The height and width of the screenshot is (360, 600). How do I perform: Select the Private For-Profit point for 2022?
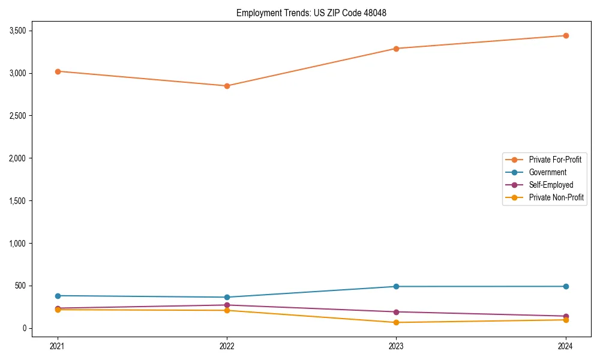pyautogui.click(x=227, y=86)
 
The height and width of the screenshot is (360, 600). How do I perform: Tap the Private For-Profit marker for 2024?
pyautogui.click(x=566, y=35)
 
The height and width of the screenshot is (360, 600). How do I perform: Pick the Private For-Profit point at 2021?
pyautogui.click(x=58, y=71)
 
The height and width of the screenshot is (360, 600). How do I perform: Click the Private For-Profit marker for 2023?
pyautogui.click(x=396, y=49)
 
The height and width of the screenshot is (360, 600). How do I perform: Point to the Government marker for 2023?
pyautogui.click(x=396, y=286)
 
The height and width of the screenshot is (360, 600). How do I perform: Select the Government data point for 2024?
pyautogui.click(x=566, y=286)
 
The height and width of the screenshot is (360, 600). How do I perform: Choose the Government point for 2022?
pyautogui.click(x=227, y=297)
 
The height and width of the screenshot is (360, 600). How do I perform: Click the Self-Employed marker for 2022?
pyautogui.click(x=227, y=305)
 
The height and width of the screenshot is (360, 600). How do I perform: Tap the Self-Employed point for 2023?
pyautogui.click(x=396, y=312)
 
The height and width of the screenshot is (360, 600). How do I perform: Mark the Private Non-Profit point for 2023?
pyautogui.click(x=396, y=322)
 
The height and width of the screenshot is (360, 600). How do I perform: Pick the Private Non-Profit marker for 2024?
pyautogui.click(x=566, y=320)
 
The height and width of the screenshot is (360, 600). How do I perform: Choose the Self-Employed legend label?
pyautogui.click(x=551, y=185)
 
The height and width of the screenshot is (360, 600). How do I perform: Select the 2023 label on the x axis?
pyautogui.click(x=396, y=346)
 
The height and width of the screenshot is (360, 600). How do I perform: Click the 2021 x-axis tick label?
pyautogui.click(x=58, y=346)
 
